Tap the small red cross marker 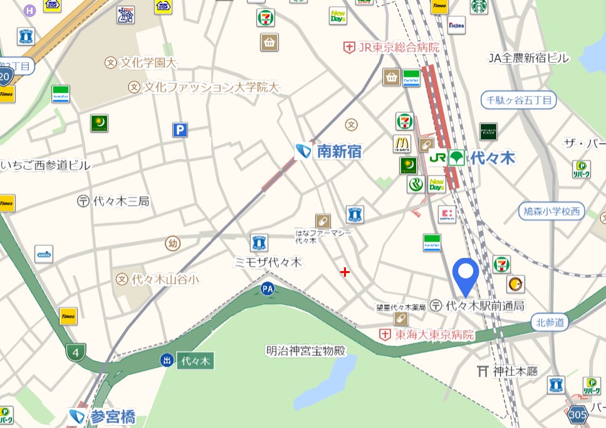pos(345,272)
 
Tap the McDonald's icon pos(402,144)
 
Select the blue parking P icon pos(180,130)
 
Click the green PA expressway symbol pos(268,289)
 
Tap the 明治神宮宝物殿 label pos(306,351)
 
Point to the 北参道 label pos(550,323)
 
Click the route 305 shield pos(577,415)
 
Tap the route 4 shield pos(76,352)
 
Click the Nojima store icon pos(457,25)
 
